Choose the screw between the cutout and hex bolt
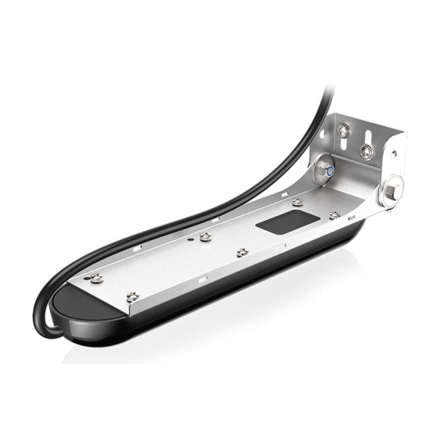tap(334, 215)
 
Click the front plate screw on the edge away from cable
tap(132, 296)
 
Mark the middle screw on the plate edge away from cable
tap(241, 252)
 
